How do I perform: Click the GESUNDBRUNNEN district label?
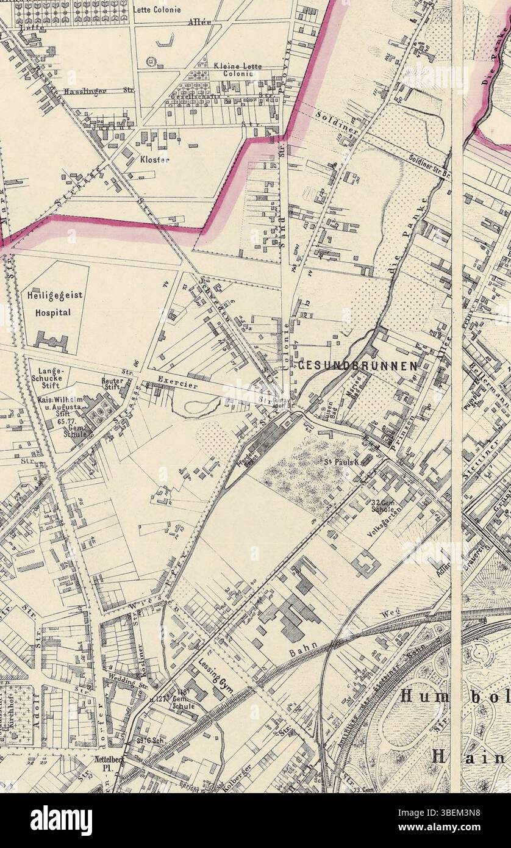coord(358,365)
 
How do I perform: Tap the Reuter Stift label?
coord(112,383)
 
